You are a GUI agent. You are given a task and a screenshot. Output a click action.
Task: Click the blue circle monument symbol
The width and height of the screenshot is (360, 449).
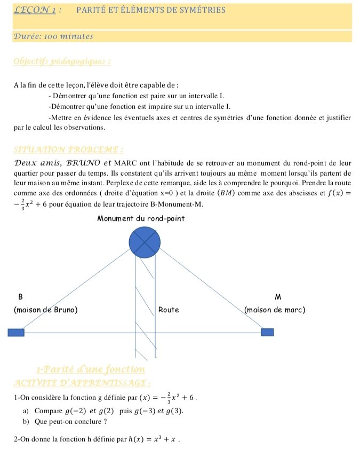[x=145, y=243]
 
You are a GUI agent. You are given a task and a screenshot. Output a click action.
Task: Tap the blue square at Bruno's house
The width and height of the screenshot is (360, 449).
[x=16, y=333]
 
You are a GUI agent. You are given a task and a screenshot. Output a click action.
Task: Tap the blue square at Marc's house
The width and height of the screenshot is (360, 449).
[x=267, y=333]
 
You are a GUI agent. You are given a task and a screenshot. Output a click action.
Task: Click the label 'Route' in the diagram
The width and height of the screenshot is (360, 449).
[x=168, y=310]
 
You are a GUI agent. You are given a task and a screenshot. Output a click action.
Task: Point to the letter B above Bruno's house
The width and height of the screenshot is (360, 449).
[x=20, y=296]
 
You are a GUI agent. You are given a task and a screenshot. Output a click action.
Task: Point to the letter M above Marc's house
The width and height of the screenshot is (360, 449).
[x=277, y=296]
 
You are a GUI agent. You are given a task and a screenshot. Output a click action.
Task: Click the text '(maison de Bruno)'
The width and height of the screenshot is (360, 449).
[x=45, y=310]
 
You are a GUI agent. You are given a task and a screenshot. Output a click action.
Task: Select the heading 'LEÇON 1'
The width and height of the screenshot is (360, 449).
[x=36, y=10]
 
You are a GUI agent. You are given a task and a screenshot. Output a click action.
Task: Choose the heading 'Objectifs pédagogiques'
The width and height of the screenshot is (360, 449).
[x=62, y=61]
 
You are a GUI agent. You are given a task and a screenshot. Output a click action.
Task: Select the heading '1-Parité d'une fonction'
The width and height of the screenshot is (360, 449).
[x=91, y=369]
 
